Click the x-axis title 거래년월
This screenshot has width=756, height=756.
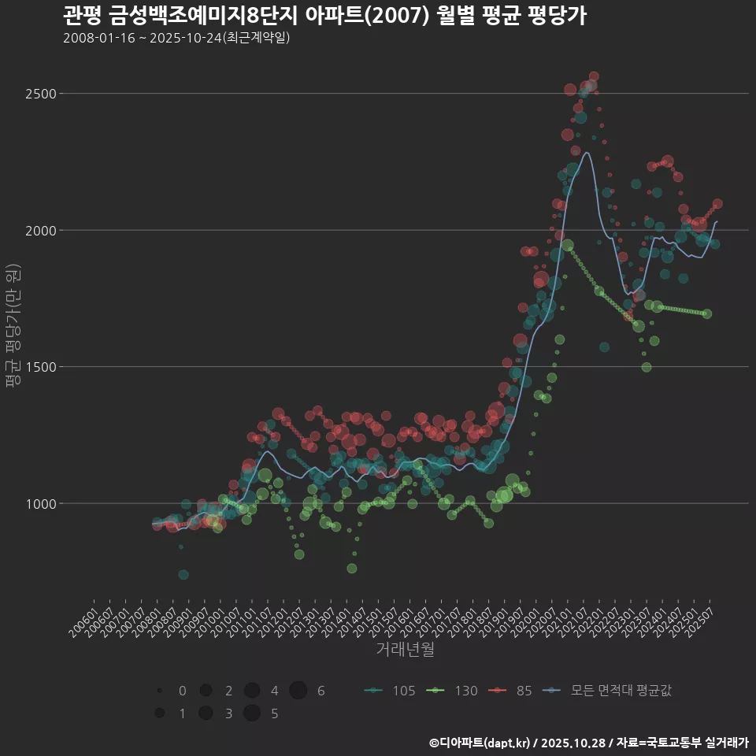pos(405,650)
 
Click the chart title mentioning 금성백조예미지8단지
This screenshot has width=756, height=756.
pos(324,16)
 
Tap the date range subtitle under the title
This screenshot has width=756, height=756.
pos(176,38)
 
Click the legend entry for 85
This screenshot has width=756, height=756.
pos(511,691)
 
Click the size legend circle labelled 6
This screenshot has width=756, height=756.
pos(298,691)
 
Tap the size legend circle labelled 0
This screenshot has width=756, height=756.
pos(160,691)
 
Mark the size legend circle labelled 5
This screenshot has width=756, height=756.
pos(252,713)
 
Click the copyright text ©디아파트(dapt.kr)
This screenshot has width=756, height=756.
pos(480,743)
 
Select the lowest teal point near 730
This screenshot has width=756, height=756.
pos(183,575)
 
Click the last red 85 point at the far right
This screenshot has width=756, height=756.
pos(717,204)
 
